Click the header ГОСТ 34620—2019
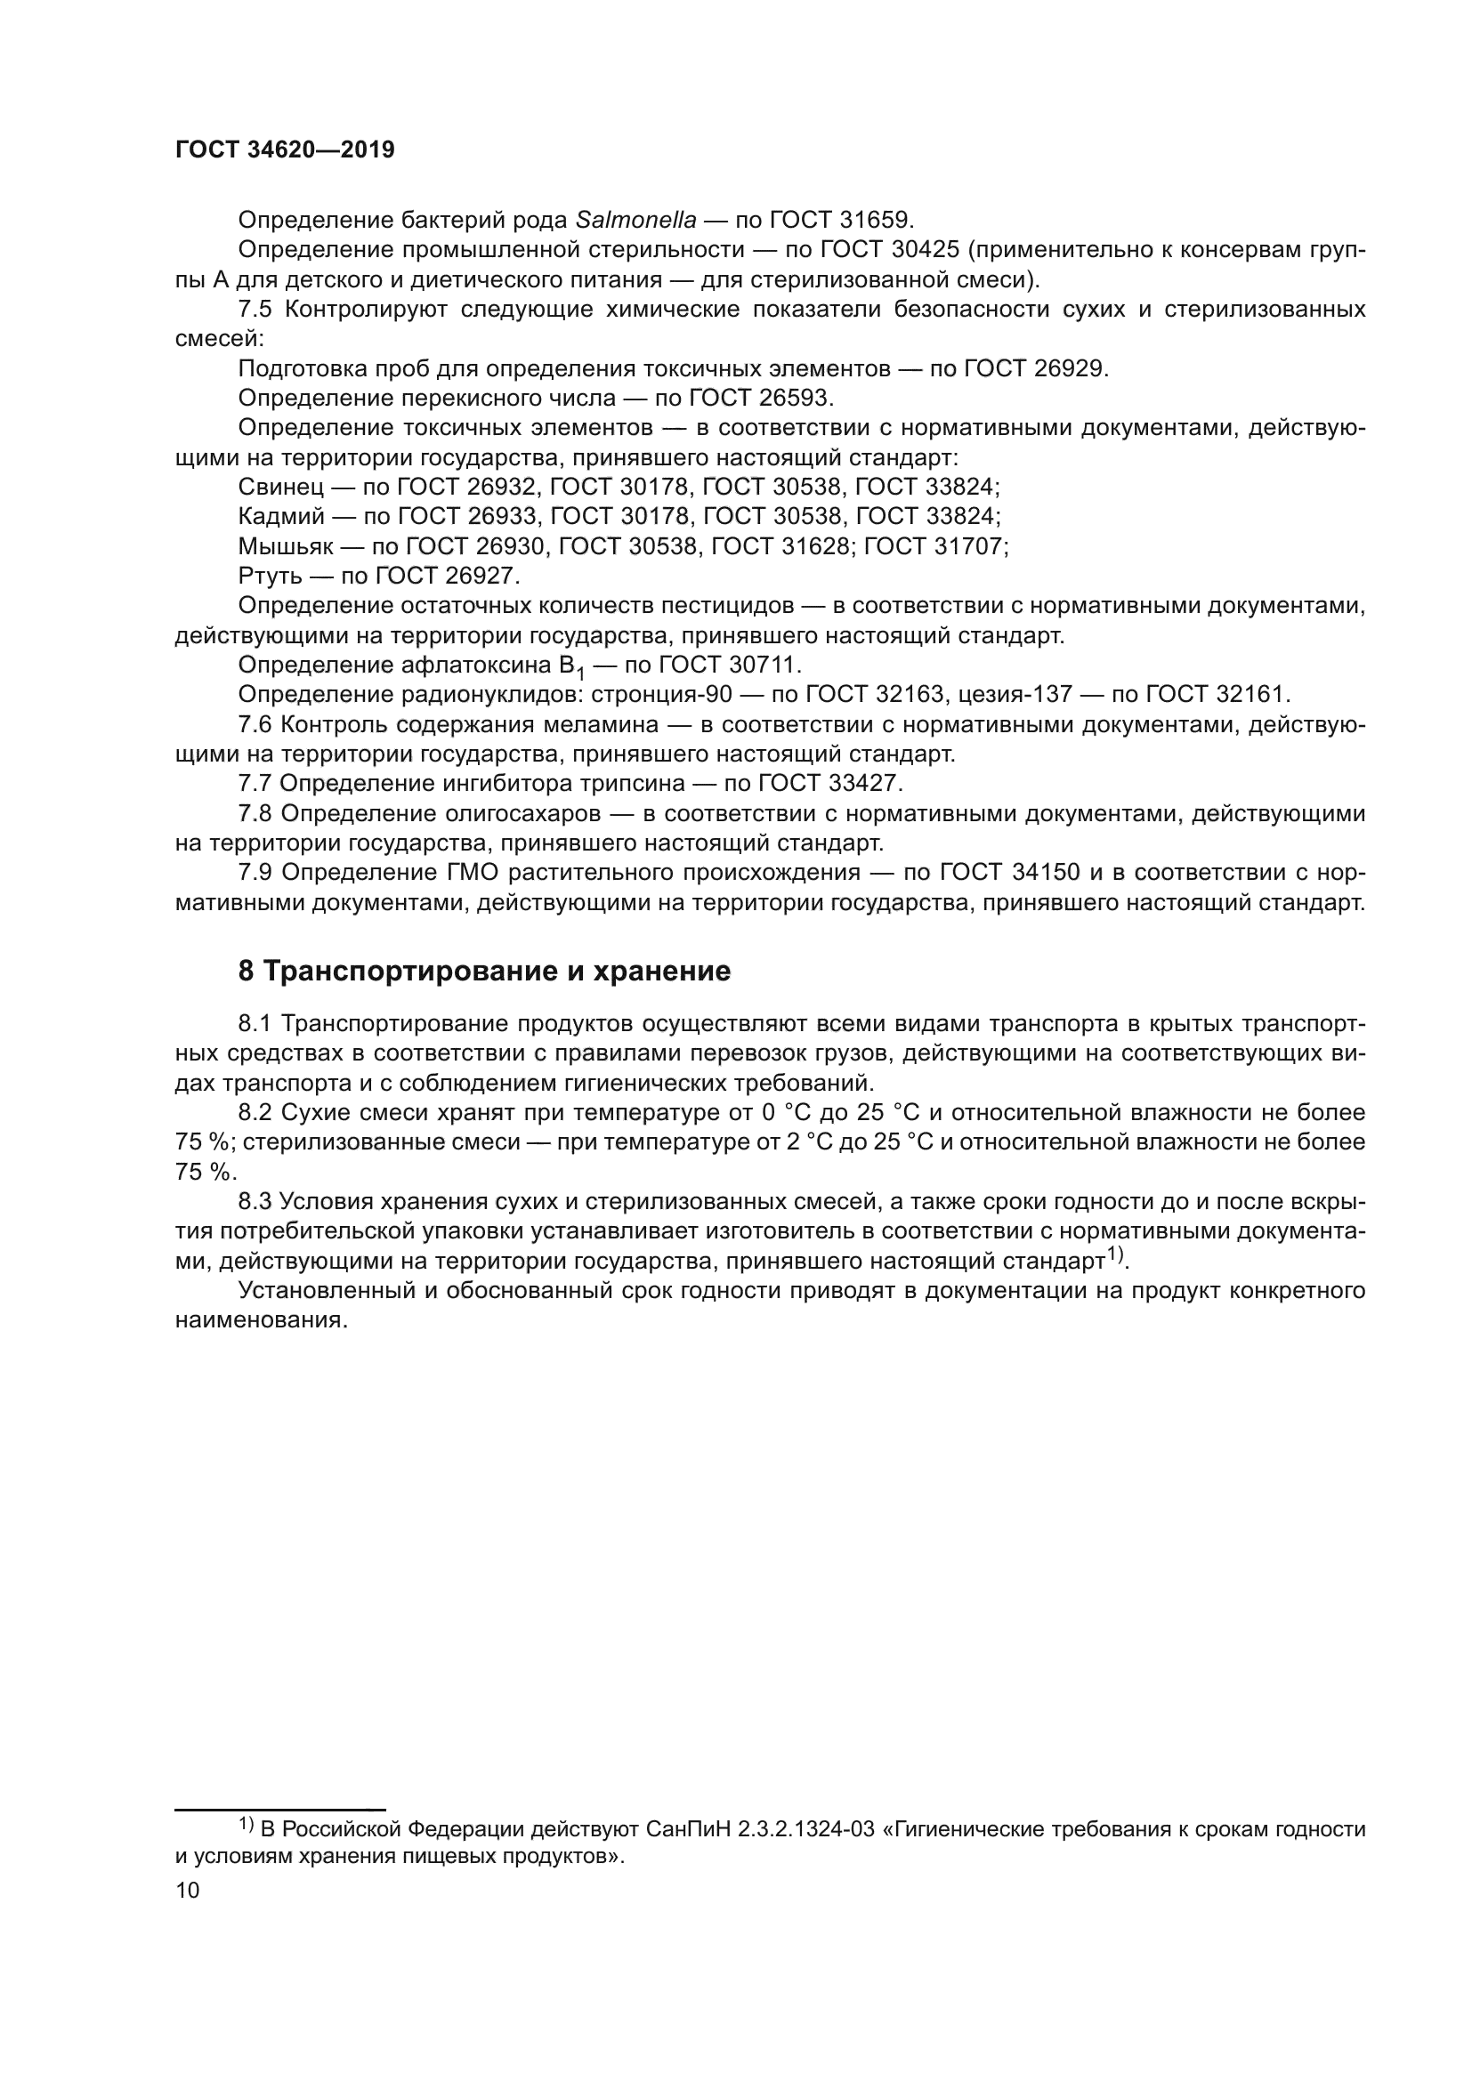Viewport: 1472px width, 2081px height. coord(285,150)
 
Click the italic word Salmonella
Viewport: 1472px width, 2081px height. coord(636,221)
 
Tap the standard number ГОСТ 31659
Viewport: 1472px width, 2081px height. coord(840,221)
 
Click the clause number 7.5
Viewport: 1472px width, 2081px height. coord(255,309)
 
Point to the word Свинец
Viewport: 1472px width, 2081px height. coord(280,488)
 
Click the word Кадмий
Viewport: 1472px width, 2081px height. coord(281,518)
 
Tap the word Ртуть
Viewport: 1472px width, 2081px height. coord(271,577)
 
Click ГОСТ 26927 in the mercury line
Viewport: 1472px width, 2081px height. coord(445,577)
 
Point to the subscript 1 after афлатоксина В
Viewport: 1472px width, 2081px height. coord(580,674)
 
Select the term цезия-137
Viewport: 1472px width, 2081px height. coord(1015,695)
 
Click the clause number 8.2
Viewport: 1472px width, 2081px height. coord(255,1113)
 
